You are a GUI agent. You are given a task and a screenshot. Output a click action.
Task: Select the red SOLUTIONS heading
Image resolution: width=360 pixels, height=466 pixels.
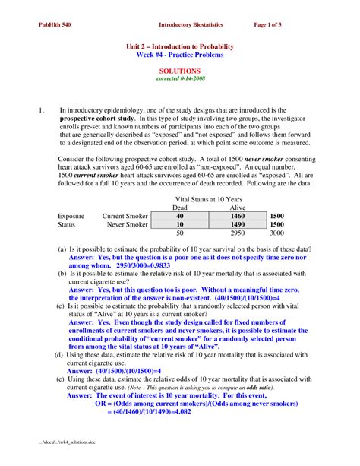click(x=179, y=70)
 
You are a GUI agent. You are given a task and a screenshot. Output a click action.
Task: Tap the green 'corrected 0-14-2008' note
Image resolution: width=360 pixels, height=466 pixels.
click(x=179, y=78)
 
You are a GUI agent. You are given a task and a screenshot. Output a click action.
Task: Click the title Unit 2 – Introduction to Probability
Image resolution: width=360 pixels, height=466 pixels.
click(x=179, y=46)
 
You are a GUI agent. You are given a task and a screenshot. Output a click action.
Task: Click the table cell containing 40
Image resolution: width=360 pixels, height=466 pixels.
click(x=179, y=216)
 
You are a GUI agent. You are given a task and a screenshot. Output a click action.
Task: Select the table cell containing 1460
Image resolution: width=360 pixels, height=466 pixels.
click(x=237, y=216)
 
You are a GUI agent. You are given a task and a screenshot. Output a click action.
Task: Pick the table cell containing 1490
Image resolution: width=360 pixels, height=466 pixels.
click(x=237, y=225)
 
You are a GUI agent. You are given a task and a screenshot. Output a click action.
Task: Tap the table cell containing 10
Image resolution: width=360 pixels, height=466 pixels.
click(x=179, y=225)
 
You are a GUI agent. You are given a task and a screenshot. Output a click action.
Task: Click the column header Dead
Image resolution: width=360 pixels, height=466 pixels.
click(x=179, y=207)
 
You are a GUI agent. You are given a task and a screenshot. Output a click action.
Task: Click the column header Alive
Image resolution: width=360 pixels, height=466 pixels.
click(x=237, y=207)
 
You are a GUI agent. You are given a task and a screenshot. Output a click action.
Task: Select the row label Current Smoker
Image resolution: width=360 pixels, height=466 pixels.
click(x=125, y=216)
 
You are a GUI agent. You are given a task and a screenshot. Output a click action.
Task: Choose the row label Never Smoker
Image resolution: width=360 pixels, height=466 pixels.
click(x=127, y=225)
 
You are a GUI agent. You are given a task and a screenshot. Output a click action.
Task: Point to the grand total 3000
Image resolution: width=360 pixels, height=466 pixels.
click(x=276, y=234)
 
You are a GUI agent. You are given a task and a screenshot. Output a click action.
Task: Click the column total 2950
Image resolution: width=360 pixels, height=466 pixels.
click(x=237, y=234)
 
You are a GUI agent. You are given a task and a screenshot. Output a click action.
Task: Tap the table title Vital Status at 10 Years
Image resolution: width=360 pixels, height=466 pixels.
click(x=207, y=197)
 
